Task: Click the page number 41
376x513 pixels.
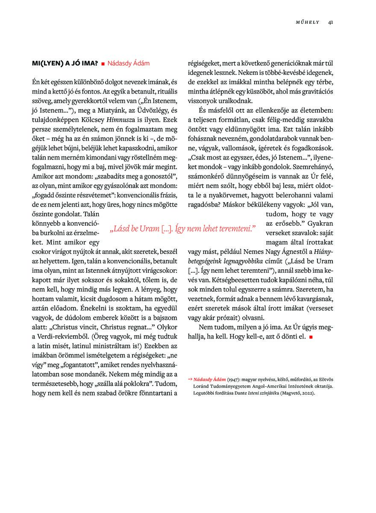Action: click(331, 23)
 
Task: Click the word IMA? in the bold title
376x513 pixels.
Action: click(88, 63)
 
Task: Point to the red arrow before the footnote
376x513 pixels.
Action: click(190, 379)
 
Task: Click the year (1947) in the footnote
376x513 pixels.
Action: click(233, 379)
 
